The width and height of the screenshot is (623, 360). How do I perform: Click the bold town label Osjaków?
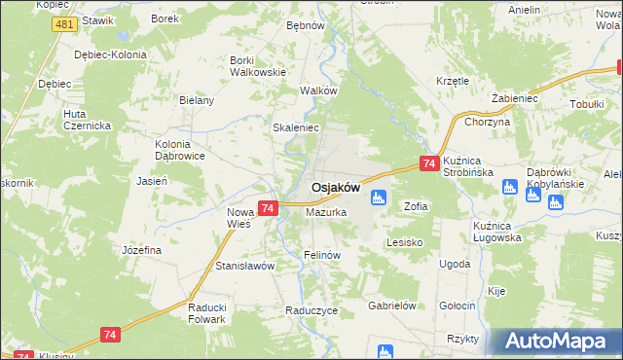(336, 188)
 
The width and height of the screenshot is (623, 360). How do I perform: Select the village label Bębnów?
(305, 25)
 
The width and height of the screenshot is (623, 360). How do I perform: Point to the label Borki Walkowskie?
(257, 65)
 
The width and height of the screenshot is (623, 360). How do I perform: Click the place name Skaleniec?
(296, 127)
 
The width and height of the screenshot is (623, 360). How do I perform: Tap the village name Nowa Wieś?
(239, 217)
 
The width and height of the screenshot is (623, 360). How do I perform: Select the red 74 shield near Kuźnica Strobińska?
(428, 165)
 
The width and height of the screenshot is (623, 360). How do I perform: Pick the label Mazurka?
(326, 211)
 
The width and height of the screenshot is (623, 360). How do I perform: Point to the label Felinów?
(321, 255)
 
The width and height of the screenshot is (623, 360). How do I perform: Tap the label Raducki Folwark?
(206, 312)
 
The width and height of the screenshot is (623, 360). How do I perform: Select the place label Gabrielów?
(392, 305)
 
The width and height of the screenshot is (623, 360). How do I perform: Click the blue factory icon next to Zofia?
(379, 198)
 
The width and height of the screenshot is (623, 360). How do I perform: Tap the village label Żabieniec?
(515, 99)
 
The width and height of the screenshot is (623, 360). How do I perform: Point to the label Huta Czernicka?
(88, 119)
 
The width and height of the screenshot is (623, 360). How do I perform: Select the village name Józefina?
(141, 250)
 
